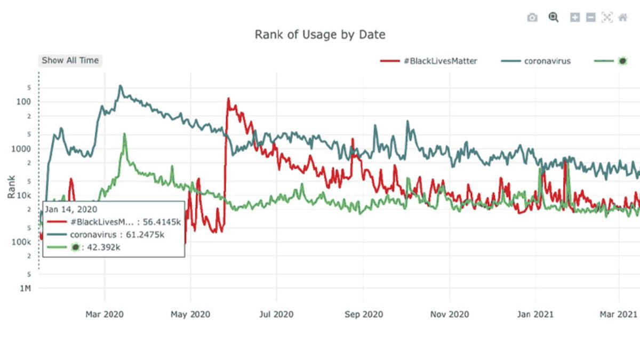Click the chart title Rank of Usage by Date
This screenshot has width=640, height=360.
(320, 35)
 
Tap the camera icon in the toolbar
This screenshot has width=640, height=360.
(532, 18)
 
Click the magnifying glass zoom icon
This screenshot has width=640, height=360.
(554, 18)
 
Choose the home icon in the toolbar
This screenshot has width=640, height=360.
(622, 18)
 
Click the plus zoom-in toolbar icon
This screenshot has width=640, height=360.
(575, 18)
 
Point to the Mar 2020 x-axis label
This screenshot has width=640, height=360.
(105, 314)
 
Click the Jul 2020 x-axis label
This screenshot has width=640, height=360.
(276, 314)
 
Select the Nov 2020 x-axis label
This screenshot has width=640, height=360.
(450, 314)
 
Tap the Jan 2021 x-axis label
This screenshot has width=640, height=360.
(535, 314)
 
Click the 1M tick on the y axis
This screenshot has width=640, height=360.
(25, 289)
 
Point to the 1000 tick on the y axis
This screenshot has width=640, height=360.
(21, 149)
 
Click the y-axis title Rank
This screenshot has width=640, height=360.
(11, 188)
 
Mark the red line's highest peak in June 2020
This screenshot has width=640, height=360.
(228, 99)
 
